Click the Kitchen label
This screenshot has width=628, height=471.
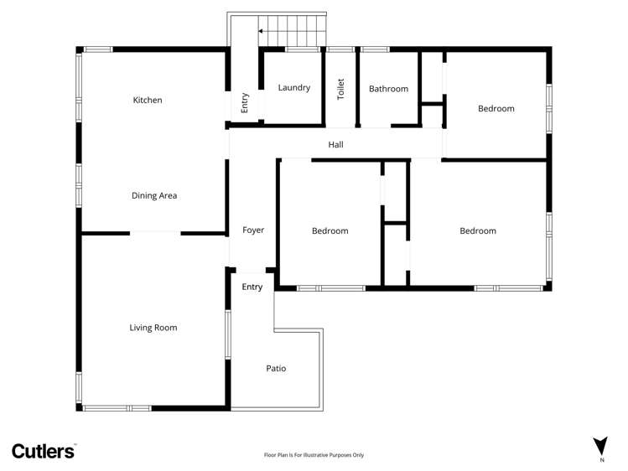(x=148, y=101)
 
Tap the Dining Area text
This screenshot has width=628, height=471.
(x=154, y=196)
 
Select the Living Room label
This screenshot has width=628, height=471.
(x=153, y=328)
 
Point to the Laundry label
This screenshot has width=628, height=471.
(x=294, y=88)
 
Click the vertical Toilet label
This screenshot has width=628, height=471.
(x=341, y=89)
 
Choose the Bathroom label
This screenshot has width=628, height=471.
(x=388, y=89)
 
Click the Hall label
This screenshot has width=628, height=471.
(x=335, y=145)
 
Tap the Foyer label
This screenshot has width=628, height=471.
(x=253, y=230)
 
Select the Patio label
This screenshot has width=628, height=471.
(x=277, y=368)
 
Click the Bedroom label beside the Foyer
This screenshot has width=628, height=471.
(x=330, y=231)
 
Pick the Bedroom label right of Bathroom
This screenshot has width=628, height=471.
(x=496, y=108)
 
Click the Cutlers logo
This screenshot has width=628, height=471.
(x=44, y=451)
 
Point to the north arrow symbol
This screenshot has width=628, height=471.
(x=600, y=446)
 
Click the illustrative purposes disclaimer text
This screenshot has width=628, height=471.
(x=314, y=455)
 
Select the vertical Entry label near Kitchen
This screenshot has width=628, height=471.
(x=245, y=102)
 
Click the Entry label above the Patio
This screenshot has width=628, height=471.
(x=252, y=287)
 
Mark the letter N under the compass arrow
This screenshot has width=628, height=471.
(x=600, y=460)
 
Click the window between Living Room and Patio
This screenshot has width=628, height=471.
(x=227, y=334)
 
